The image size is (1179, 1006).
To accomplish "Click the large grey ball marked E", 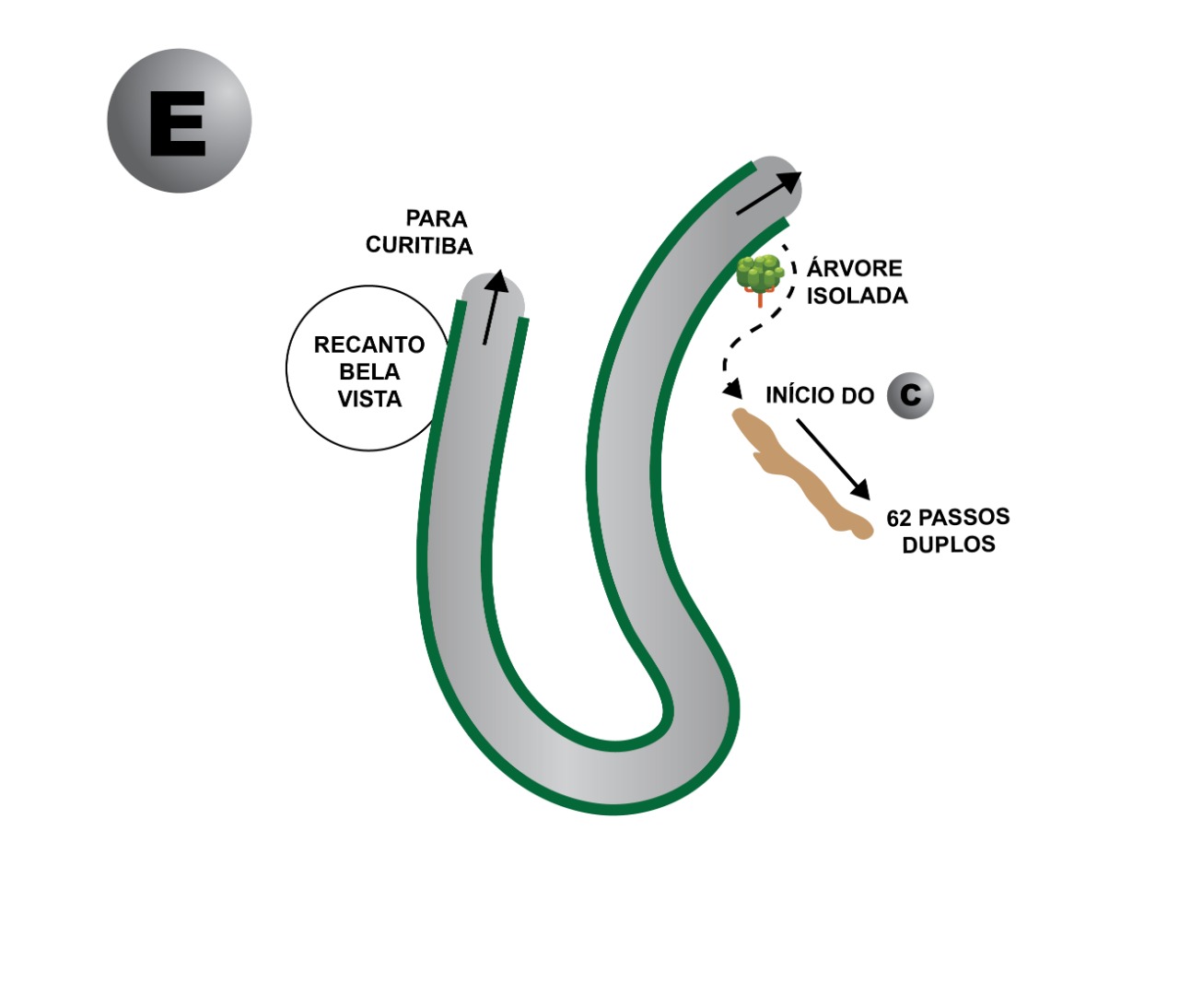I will click(179, 121).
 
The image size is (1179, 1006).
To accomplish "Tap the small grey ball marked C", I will click(910, 395).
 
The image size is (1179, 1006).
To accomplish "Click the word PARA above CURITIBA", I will click(437, 219).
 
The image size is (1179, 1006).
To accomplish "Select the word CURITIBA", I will click(419, 246).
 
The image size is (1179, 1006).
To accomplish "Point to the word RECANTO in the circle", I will click(369, 345).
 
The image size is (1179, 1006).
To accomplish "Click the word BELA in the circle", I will click(369, 372).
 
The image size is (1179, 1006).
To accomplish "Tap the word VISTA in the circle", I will click(369, 400).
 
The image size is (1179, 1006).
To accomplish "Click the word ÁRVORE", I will click(855, 269).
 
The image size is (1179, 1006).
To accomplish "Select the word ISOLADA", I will click(857, 296).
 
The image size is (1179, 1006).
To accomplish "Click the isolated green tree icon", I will click(760, 274).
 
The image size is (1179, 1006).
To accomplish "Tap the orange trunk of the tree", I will click(760, 298).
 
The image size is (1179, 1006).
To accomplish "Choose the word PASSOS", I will click(963, 518).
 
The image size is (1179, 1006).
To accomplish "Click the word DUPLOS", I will click(949, 544).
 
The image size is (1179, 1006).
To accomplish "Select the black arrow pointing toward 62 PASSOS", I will click(833, 459).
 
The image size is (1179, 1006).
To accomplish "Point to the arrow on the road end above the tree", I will click(768, 193).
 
